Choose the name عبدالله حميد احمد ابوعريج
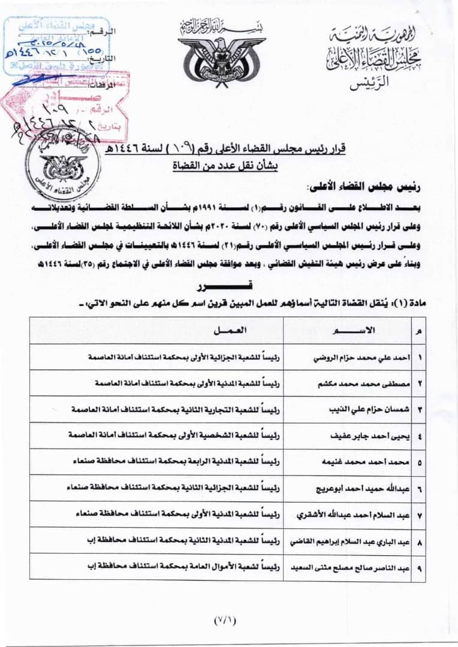(363, 489)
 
